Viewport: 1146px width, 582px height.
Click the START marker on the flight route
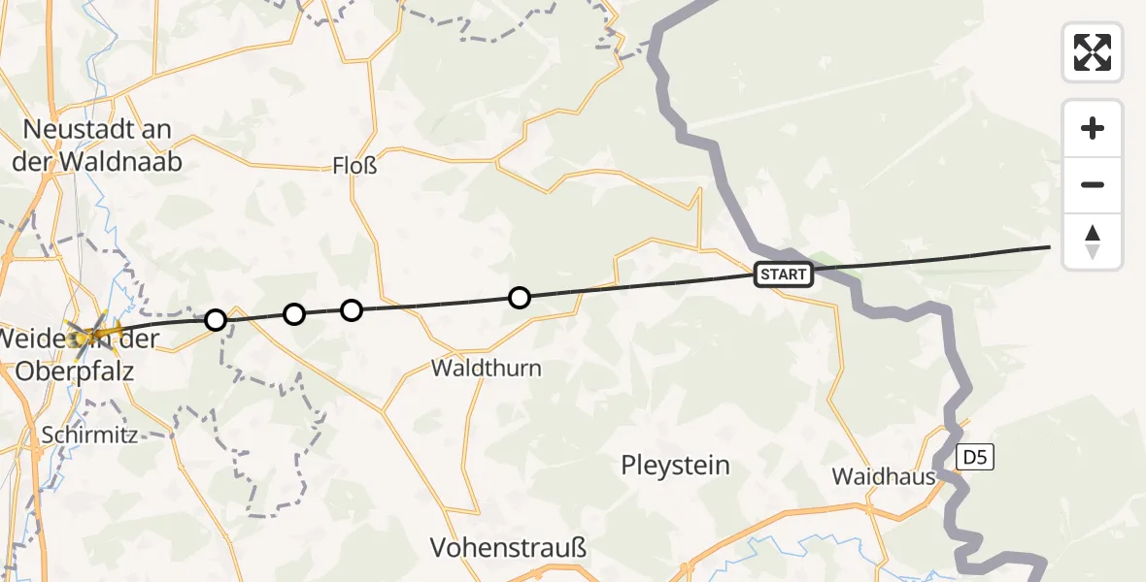[783, 275]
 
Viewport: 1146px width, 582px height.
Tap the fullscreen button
[1093, 52]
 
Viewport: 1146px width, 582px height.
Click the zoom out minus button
[1093, 184]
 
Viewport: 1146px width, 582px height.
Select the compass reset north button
[1093, 242]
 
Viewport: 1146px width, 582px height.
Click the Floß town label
[354, 166]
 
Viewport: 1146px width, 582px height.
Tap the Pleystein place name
[675, 466]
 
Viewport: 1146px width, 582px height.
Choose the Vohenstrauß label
[509, 548]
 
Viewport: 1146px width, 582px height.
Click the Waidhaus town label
[884, 476]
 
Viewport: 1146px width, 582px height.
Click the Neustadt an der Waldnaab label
[96, 145]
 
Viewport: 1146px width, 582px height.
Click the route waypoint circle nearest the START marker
[520, 297]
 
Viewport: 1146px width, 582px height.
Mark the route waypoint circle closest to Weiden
[216, 319]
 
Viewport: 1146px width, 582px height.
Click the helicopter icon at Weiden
[93, 334]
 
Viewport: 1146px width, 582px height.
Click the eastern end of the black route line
[1050, 247]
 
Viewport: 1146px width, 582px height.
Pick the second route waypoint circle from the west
[294, 313]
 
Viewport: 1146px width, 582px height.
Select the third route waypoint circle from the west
[352, 309]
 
